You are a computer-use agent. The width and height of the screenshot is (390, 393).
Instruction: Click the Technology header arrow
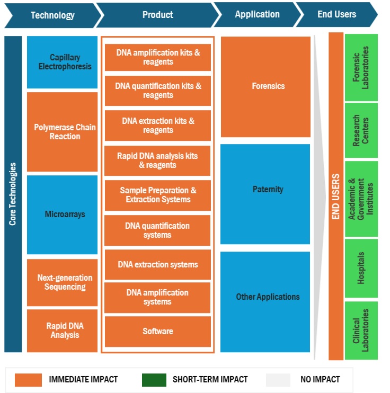[x=52, y=15]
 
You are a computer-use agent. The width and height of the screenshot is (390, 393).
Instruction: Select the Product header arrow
[x=157, y=15]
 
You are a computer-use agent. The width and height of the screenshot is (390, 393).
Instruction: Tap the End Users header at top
[x=336, y=15]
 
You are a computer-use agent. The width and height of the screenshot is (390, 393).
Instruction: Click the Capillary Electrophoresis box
[x=63, y=62]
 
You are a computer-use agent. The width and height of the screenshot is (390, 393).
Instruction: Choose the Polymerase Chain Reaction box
[x=63, y=132]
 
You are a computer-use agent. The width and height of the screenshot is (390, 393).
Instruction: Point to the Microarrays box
[x=63, y=215]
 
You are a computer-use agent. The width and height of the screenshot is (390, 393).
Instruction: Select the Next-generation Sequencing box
[x=63, y=282]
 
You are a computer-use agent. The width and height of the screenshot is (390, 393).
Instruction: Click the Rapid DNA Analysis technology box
[x=63, y=331]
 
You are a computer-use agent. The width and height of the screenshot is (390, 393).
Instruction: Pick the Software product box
[x=157, y=331]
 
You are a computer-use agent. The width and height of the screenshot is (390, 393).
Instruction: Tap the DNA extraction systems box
[x=157, y=264]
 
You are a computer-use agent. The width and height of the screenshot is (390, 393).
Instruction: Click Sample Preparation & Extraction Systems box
[x=157, y=195]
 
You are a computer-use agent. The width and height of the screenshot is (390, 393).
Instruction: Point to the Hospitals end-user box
[x=361, y=268]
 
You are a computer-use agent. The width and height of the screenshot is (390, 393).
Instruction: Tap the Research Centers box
[x=361, y=130]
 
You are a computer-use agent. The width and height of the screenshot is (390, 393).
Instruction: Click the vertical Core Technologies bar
[x=13, y=194]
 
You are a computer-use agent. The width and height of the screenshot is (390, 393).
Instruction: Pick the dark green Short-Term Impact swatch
[x=154, y=379]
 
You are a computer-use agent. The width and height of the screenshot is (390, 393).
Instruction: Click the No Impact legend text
[x=319, y=379]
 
